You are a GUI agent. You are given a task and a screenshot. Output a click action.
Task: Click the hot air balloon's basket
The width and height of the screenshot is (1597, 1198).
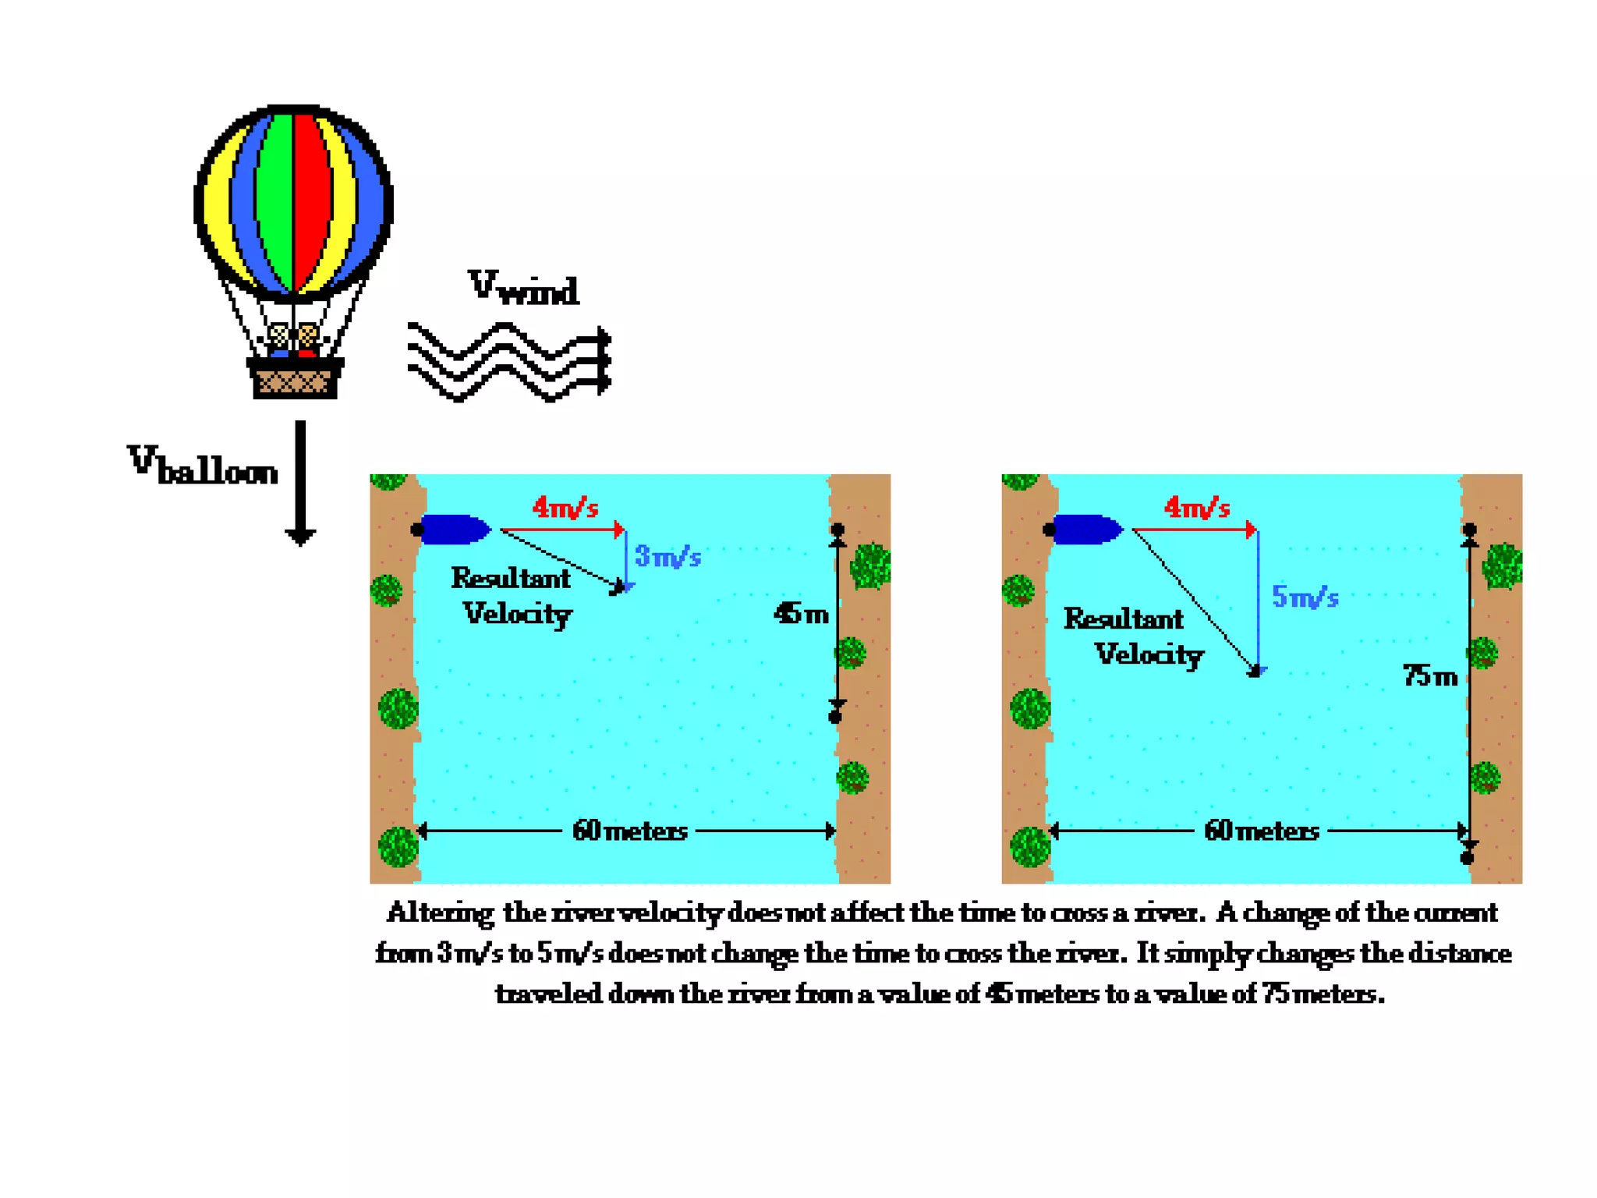[x=294, y=380]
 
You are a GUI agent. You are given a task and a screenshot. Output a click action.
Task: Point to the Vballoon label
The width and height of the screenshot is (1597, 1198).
[x=203, y=466]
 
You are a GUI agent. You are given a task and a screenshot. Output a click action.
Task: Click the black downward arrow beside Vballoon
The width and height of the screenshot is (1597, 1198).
[x=300, y=484]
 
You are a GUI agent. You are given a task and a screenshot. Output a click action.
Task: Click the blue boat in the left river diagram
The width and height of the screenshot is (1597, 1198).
[x=454, y=530]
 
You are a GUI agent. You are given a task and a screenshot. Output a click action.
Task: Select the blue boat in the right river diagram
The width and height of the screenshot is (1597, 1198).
[x=1085, y=530]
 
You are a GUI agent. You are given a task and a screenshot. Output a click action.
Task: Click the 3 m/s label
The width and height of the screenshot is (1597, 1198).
[x=667, y=556]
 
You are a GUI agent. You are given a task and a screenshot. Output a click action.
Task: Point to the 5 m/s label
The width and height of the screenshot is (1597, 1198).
[x=1305, y=597]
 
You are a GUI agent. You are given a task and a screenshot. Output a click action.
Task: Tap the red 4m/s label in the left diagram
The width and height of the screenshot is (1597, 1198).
[x=565, y=508]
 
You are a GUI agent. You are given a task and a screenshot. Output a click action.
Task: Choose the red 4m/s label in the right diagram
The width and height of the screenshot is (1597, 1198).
[x=1197, y=508]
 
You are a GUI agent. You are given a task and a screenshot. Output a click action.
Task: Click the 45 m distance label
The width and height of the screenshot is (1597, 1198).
[x=801, y=614]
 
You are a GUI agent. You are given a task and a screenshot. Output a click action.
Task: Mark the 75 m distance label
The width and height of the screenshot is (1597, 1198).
[x=1430, y=675]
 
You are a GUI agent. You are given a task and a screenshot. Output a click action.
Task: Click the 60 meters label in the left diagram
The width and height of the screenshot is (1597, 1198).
[x=630, y=831]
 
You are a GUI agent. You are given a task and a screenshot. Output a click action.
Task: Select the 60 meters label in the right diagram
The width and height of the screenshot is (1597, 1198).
[x=1262, y=831]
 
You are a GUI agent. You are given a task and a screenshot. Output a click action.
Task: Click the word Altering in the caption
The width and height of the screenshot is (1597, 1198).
[x=440, y=913]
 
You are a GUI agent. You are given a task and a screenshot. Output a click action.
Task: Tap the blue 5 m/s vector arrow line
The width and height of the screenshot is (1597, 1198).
[x=1258, y=601]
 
